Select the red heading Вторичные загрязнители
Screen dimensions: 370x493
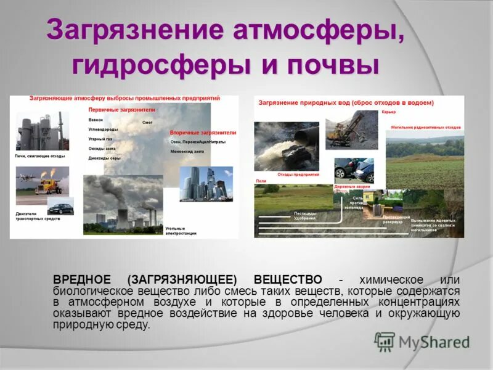202,133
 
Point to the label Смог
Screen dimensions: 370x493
147,122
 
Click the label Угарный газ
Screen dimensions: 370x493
100,139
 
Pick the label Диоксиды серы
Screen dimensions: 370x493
104,158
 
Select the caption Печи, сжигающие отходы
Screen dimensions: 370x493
39,156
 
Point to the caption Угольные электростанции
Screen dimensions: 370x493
181,231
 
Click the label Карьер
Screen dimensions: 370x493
388,112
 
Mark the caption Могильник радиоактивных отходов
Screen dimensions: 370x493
426,127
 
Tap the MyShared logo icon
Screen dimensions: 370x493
385,341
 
